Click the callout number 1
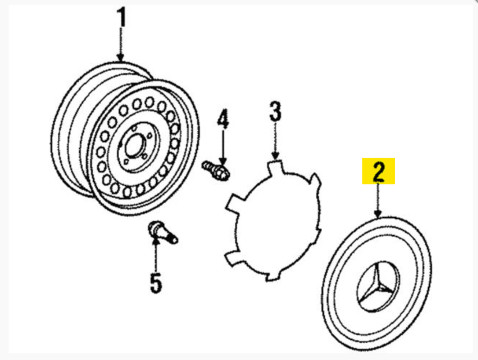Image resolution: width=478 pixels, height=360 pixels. point(122,17)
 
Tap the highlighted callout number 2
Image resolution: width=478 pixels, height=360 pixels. point(378,171)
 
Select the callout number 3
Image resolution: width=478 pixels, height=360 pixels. point(275,112)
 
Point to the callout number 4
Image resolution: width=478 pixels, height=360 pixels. point(223,119)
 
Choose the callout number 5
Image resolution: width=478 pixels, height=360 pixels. point(156,283)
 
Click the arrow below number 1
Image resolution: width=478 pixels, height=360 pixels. point(121,44)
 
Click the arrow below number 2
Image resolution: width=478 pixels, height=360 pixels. point(378,200)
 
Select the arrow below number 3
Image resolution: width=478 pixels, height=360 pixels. point(275,141)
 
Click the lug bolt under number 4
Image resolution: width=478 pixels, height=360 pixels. point(216,171)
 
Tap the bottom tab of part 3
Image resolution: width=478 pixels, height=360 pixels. point(272,275)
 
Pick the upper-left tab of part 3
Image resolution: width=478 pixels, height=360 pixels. point(234,203)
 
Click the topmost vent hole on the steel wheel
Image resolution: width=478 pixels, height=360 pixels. point(150,102)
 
